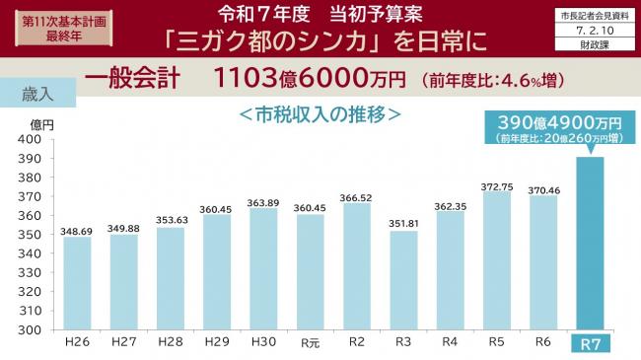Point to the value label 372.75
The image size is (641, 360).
[497, 185]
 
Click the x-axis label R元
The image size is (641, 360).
[310, 343]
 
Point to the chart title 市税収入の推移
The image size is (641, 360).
[320, 113]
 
